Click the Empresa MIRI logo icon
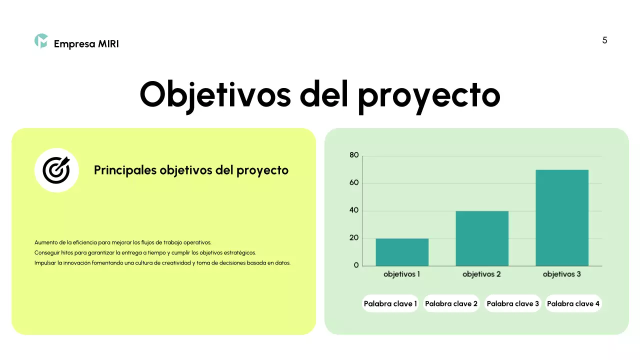click(41, 41)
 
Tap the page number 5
click(604, 40)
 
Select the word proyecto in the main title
click(429, 96)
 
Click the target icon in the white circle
click(56, 170)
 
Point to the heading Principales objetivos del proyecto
click(191, 170)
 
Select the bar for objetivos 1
click(402, 252)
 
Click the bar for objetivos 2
click(482, 238)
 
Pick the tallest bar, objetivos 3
click(562, 217)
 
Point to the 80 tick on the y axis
click(354, 155)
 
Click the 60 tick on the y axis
click(354, 183)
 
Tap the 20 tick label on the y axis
click(354, 238)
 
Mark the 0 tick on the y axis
click(356, 265)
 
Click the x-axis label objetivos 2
click(481, 274)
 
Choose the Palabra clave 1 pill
click(390, 303)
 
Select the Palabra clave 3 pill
click(512, 303)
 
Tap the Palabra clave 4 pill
click(573, 303)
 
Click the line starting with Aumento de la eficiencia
click(123, 242)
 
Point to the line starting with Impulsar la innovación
click(162, 262)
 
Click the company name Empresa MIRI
click(86, 44)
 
